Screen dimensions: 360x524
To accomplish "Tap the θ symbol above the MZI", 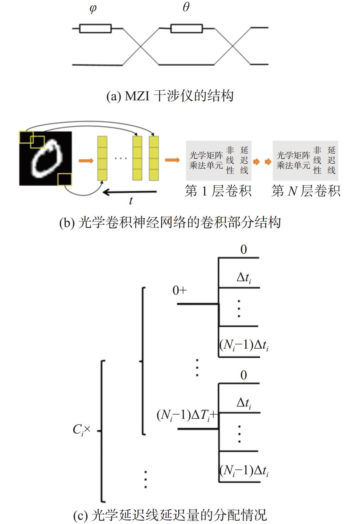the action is pos(186,7).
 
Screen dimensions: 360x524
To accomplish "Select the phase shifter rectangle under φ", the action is pos(95,28).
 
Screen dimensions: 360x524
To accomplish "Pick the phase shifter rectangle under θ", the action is pos(187,28).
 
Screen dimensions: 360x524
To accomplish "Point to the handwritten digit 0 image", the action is pos(46,159).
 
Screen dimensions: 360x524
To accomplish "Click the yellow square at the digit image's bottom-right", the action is pos(64,179).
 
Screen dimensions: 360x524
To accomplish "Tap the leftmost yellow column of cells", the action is pos(102,158).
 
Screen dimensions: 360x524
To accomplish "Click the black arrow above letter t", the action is pos(130,192).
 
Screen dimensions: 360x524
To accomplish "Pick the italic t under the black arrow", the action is pos(131,201).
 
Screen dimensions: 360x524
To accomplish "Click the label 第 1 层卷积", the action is pos(218,191).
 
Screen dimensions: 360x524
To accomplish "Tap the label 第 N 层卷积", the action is pos(306,191).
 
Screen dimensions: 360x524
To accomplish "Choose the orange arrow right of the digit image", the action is pos(86,160).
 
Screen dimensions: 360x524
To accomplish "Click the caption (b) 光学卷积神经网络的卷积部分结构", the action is pos(170,222).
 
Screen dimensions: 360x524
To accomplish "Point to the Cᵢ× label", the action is pos(82,430).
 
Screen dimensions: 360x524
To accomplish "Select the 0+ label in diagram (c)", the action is pos(180,290).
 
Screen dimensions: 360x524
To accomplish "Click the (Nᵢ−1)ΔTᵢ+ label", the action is pos(187,415).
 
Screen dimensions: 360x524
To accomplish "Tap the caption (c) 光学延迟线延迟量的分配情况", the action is pos(170,515).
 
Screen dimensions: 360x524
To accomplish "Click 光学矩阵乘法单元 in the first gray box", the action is pos(206,160).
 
